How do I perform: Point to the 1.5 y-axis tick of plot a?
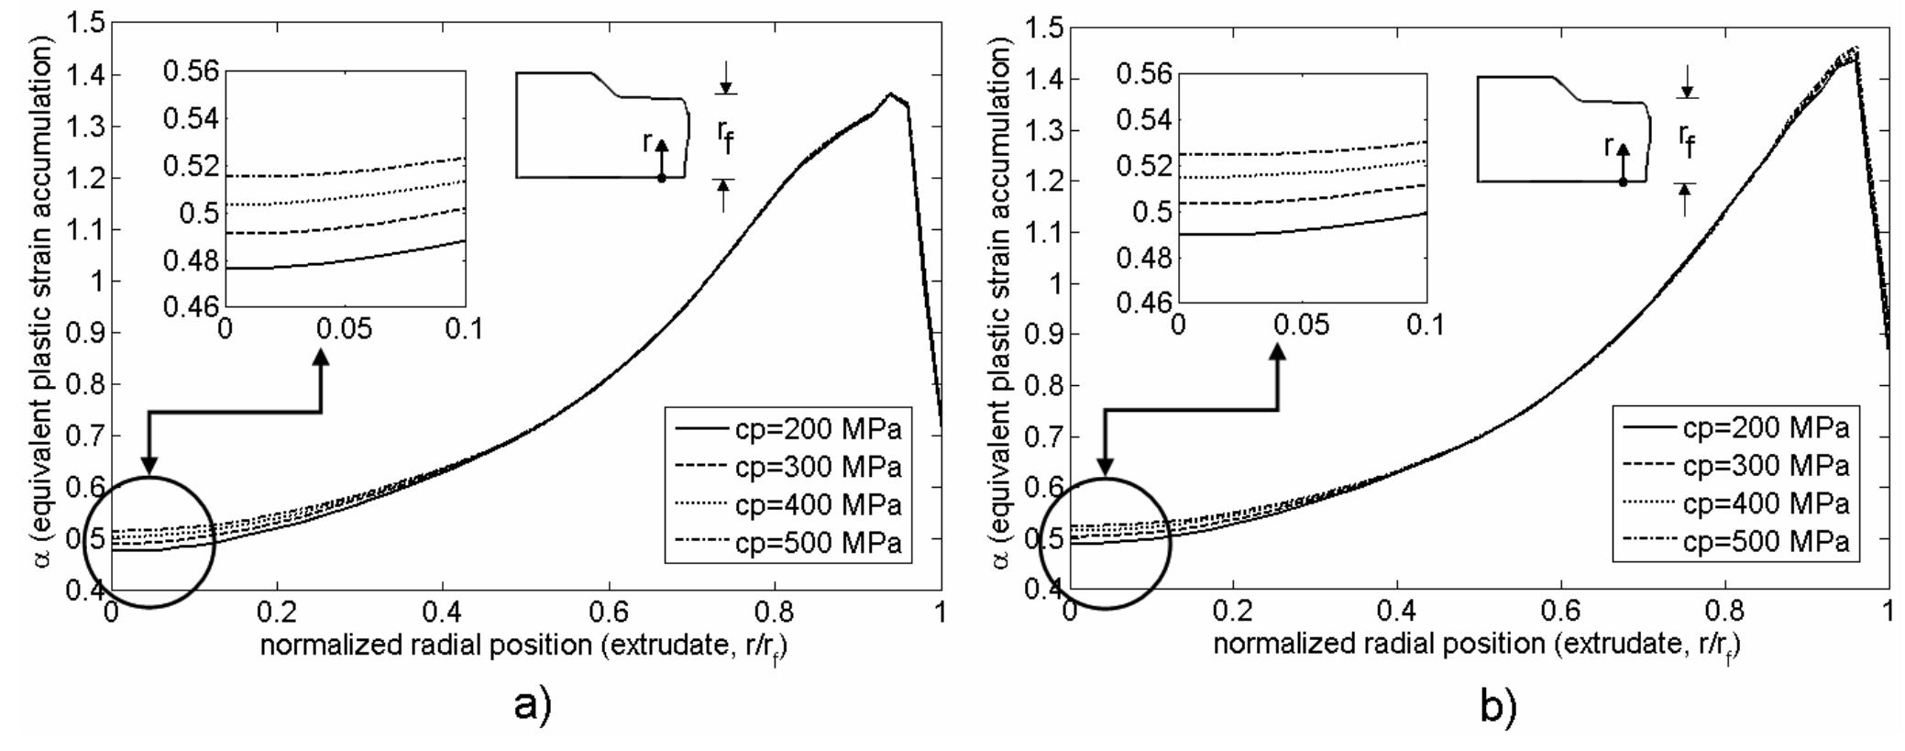(84, 23)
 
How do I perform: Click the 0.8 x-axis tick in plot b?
(1724, 610)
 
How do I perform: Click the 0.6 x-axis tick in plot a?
(609, 611)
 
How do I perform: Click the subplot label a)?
(533, 707)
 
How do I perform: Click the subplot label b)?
(1498, 707)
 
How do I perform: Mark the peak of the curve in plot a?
(889, 94)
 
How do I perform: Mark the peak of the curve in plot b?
(1849, 73)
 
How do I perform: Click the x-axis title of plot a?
(524, 646)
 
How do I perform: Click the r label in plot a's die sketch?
(647, 141)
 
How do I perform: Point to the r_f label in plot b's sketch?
(1687, 139)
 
